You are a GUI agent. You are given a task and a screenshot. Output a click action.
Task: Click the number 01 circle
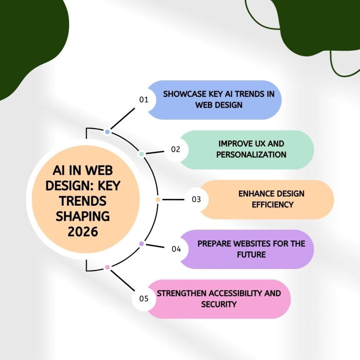point(143,100)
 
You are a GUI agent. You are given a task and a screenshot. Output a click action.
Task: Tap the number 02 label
point(175,149)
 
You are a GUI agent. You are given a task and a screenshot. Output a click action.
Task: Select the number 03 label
point(196,199)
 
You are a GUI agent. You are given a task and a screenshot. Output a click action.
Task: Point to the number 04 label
point(176,249)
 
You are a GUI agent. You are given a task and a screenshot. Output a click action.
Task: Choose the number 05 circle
point(144,299)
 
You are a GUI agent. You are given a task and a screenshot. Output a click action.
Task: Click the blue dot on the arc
point(108,132)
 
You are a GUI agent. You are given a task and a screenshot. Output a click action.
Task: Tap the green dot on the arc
point(141,154)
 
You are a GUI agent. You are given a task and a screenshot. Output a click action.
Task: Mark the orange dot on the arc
point(158,199)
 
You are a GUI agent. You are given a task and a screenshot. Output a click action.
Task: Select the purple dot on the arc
point(141,244)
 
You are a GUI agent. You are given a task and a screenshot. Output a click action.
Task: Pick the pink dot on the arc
point(108,267)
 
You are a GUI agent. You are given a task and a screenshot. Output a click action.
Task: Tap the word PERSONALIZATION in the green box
point(251,154)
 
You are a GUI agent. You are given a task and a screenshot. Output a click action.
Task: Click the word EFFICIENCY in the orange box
point(272,204)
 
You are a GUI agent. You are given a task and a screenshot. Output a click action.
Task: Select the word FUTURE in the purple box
point(251,254)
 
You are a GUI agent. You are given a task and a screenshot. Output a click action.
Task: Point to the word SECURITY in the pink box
point(219,304)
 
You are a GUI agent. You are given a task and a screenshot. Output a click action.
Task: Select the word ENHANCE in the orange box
point(255,194)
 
